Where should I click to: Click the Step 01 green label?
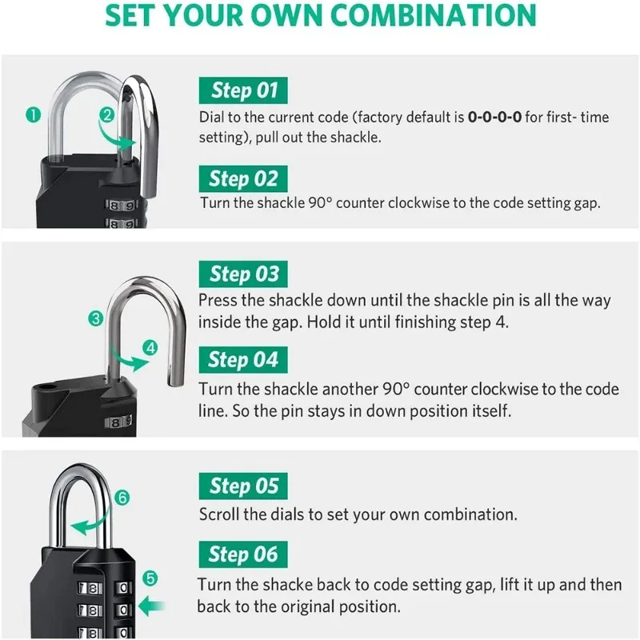243,90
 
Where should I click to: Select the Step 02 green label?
243,178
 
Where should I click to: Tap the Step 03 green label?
243,274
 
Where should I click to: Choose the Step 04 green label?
243,360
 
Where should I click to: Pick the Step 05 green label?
243,486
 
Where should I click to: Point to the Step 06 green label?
243,554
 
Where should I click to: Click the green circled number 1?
33,114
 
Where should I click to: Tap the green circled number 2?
106,114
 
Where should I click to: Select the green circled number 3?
96,318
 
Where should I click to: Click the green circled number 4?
150,347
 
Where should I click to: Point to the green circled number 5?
151,578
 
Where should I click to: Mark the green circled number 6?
122,498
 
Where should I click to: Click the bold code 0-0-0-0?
494,118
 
